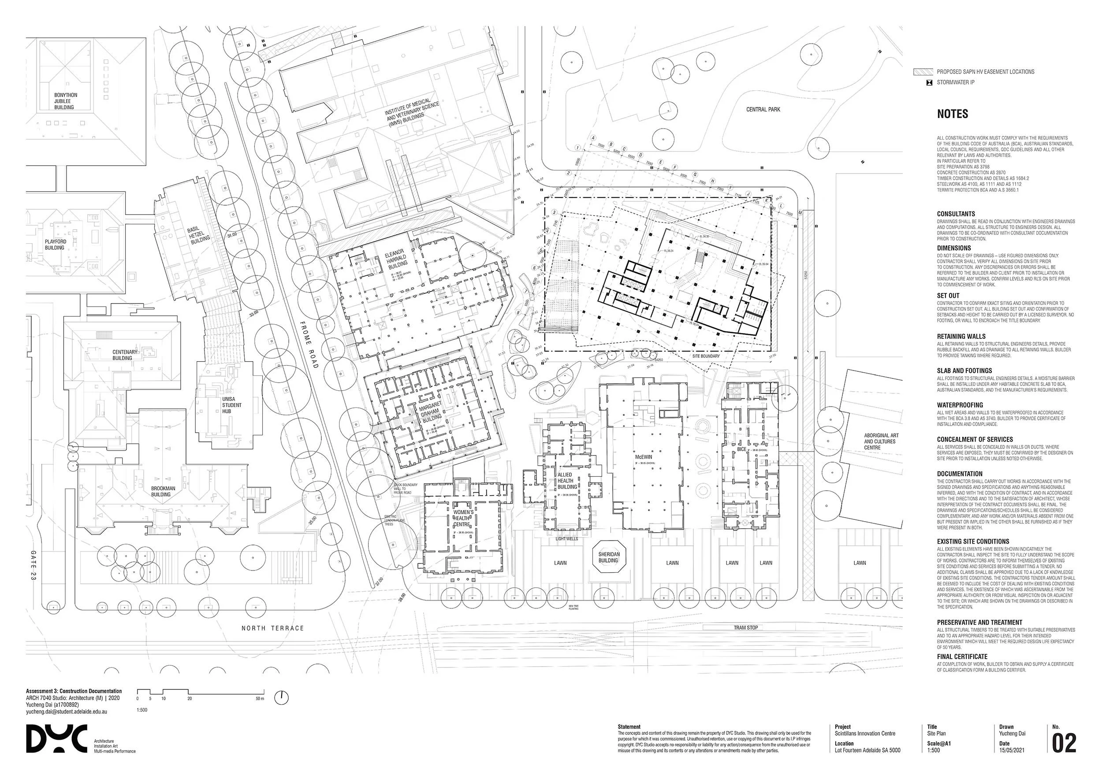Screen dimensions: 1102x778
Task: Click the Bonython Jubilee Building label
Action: pos(65,101)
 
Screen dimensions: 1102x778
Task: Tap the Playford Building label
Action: pos(55,245)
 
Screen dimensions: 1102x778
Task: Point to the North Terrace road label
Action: pos(272,628)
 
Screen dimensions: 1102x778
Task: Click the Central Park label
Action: pos(763,109)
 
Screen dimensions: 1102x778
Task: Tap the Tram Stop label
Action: pos(745,627)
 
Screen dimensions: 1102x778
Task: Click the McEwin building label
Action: pos(643,457)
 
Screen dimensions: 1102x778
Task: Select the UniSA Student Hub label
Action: pos(231,405)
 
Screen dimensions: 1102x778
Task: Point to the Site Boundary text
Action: pos(706,356)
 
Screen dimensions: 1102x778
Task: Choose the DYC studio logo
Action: pos(56,739)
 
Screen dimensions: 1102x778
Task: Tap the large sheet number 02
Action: pos(1064,744)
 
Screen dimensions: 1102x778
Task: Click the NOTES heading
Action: pos(953,114)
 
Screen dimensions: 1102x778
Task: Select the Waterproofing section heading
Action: pos(960,405)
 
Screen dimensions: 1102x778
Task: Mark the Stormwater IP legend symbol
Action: pos(929,82)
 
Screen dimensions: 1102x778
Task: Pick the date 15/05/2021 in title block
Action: pos(1012,750)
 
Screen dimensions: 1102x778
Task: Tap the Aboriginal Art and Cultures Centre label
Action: pos(881,441)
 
